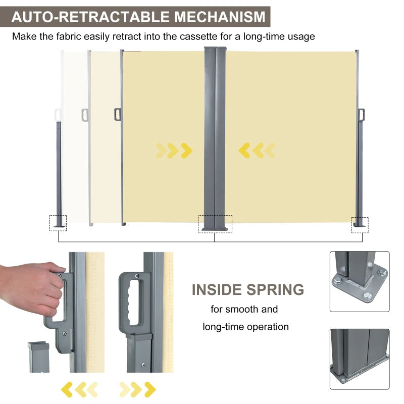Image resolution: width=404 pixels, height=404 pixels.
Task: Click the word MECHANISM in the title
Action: pos(220,17)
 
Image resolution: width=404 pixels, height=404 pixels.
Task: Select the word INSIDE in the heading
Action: pos(217,290)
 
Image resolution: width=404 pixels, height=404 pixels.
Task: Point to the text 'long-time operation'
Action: pos(246,327)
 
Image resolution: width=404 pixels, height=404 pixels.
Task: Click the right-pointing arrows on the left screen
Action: pos(174,150)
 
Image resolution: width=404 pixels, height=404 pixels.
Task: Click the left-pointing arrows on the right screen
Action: pos(257,150)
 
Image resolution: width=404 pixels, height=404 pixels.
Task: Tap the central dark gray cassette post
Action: pos(216,136)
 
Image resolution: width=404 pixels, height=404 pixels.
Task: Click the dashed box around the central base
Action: pos(215,224)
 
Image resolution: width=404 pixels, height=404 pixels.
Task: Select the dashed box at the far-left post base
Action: pos(58,223)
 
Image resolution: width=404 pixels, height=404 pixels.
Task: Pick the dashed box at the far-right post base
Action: pos(360,225)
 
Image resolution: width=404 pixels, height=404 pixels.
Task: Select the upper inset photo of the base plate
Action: pos(360,281)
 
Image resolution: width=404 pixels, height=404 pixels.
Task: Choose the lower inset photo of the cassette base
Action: pos(360,359)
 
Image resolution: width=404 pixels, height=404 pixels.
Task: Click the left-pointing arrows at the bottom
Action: pos(79,389)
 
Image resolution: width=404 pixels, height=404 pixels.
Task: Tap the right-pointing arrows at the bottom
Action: pos(137,389)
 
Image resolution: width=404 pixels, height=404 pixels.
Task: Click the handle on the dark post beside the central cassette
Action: pos(118,114)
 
